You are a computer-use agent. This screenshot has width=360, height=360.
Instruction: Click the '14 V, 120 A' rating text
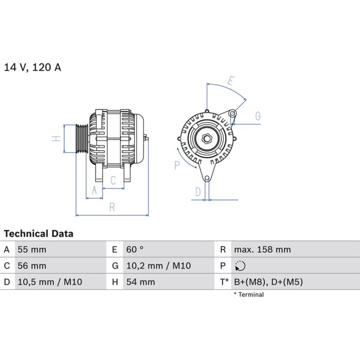pyautogui.click(x=33, y=67)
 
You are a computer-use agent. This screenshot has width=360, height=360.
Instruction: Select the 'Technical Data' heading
pyautogui.click(x=39, y=234)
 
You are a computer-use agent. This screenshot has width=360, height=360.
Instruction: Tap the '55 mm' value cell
pyautogui.click(x=32, y=249)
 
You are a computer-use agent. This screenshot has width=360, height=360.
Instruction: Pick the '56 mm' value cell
pyautogui.click(x=32, y=266)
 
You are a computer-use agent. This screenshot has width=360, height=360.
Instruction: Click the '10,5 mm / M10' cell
pyautogui.click(x=50, y=282)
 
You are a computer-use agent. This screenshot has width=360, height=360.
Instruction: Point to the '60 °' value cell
pyautogui.click(x=135, y=249)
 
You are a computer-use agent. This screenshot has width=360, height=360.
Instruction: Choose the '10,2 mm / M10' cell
pyautogui.click(x=159, y=266)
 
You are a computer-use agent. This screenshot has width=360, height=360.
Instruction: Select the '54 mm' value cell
pyautogui.click(x=140, y=282)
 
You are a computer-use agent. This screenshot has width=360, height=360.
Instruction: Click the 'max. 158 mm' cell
pyautogui.click(x=262, y=249)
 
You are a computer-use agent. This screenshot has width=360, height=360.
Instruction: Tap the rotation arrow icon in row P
pyautogui.click(x=240, y=266)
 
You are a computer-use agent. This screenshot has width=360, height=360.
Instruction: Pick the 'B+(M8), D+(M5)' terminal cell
pyautogui.click(x=269, y=282)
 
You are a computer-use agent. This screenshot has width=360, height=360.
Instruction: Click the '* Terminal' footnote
pyautogui.click(x=249, y=294)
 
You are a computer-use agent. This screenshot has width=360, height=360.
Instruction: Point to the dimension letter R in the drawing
pyautogui.click(x=112, y=207)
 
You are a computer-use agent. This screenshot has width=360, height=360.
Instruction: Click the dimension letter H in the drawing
pyautogui.click(x=56, y=139)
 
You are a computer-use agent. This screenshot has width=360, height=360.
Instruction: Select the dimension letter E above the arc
pyautogui.click(x=231, y=81)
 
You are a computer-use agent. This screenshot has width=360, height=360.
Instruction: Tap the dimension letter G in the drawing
pyautogui.click(x=258, y=116)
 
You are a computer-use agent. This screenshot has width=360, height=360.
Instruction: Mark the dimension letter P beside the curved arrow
pyautogui.click(x=177, y=165)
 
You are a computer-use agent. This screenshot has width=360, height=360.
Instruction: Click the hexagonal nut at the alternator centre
pyautogui.click(x=207, y=139)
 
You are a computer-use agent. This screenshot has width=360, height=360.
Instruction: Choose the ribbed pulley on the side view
pyautogui.click(x=82, y=139)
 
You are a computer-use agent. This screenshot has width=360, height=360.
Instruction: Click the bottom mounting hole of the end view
pyautogui.click(x=207, y=178)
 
